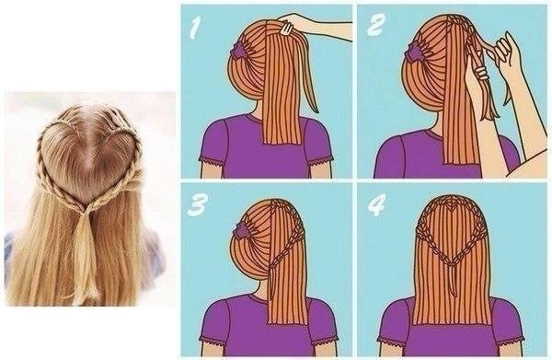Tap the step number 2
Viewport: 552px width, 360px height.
click(x=375, y=25)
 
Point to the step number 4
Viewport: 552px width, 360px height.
click(x=377, y=204)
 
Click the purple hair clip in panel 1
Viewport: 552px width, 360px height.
click(x=238, y=50)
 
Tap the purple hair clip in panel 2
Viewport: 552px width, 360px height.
click(x=416, y=51)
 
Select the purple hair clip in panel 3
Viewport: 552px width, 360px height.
click(x=241, y=229)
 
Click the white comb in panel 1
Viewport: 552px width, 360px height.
click(x=286, y=28)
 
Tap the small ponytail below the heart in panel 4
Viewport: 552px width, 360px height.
click(x=453, y=278)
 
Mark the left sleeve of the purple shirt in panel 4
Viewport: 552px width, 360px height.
click(x=396, y=319)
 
